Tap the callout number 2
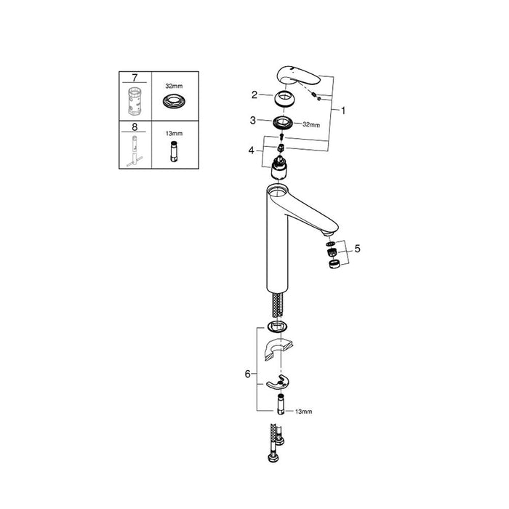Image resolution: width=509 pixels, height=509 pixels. (254, 95)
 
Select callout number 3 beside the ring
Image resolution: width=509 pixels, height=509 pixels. (254, 120)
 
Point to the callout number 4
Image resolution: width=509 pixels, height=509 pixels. (252, 151)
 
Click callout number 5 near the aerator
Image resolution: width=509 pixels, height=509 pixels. (357, 249)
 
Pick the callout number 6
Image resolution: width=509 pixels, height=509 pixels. (247, 374)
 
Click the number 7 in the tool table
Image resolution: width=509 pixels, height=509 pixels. (136, 77)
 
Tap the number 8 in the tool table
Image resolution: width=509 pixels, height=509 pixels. (136, 125)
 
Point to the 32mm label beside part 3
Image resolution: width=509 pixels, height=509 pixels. (310, 124)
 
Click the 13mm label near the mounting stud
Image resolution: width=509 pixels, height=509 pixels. (303, 412)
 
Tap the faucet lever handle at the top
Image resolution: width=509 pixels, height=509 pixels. (297, 76)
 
